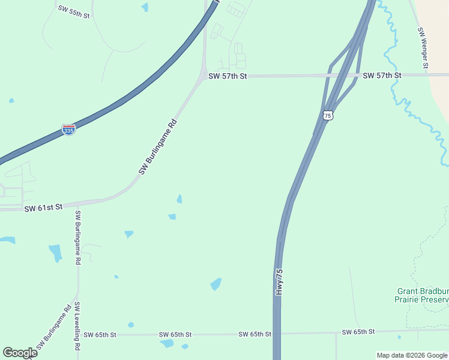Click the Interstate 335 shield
(69, 129)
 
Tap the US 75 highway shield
(327, 115)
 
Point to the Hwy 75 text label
(279, 281)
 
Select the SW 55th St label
(74, 11)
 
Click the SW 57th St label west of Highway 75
(228, 76)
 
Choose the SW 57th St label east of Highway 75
(382, 76)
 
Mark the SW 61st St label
(43, 208)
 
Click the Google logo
(20, 353)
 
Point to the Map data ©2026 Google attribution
(412, 355)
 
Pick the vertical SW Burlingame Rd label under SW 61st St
(77, 238)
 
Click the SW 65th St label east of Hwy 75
(358, 332)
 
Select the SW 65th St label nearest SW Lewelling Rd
(100, 334)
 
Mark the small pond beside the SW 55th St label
(145, 7)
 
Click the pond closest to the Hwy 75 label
(216, 284)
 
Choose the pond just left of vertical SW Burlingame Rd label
(55, 253)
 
